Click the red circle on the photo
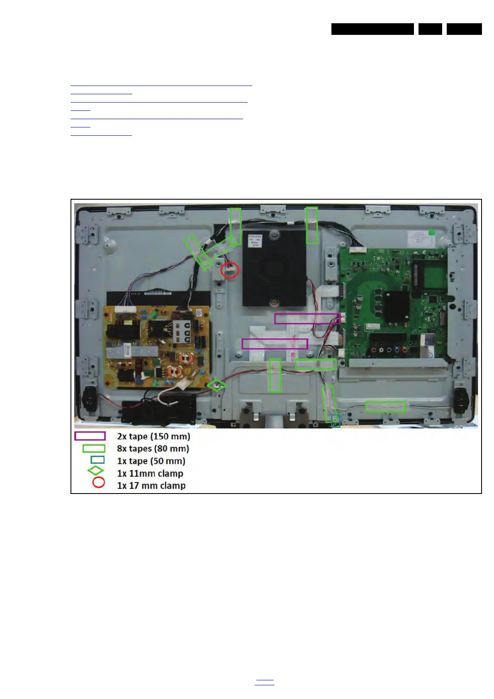pyautogui.click(x=230, y=270)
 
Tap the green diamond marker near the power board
pyautogui.click(x=217, y=386)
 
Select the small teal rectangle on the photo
pyautogui.click(x=336, y=420)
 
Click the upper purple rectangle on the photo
pyautogui.click(x=307, y=319)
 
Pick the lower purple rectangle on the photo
pyautogui.click(x=275, y=344)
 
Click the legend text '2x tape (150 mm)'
pyautogui.click(x=153, y=436)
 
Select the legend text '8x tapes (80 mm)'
pyautogui.click(x=153, y=449)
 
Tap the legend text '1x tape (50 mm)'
pyautogui.click(x=151, y=461)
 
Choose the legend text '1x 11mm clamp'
pyautogui.click(x=150, y=474)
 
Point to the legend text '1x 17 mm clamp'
pyautogui.click(x=151, y=486)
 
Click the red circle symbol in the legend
pyautogui.click(x=98, y=483)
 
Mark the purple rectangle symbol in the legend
pyautogui.click(x=90, y=436)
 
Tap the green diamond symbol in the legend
pyautogui.click(x=96, y=471)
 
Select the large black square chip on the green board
pyautogui.click(x=397, y=307)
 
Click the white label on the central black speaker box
pyautogui.click(x=255, y=241)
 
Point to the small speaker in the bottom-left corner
pyautogui.click(x=88, y=399)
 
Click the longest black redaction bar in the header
pyautogui.click(x=372, y=29)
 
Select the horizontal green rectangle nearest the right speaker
pyautogui.click(x=385, y=407)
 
